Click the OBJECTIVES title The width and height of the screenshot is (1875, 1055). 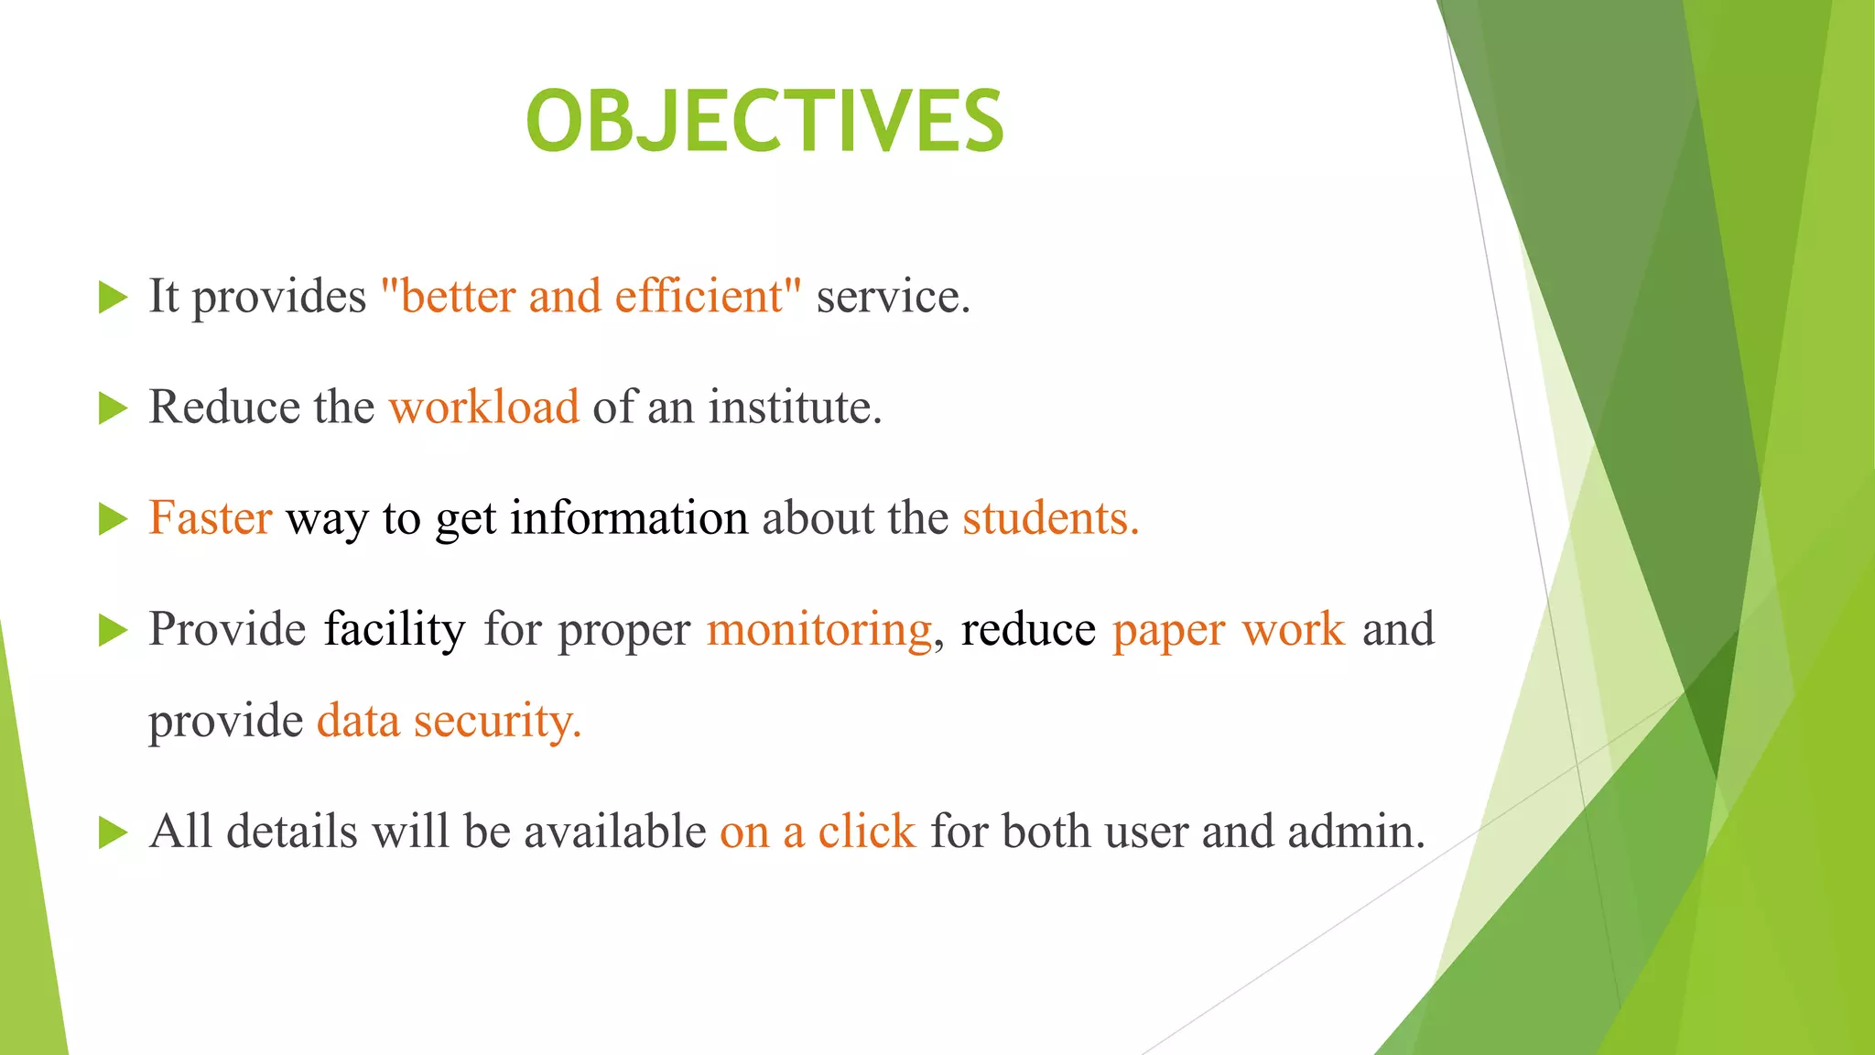(x=764, y=122)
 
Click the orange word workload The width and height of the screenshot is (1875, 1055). (x=484, y=407)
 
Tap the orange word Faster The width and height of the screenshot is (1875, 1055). (x=211, y=517)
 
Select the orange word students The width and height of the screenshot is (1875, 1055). (x=1049, y=517)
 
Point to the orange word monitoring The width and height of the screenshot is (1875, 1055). (x=819, y=629)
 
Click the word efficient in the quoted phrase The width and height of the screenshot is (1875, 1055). (x=699, y=296)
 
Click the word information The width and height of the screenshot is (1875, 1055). (x=629, y=517)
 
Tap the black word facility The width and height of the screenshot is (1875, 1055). (x=395, y=629)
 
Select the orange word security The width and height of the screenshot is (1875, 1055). (x=497, y=721)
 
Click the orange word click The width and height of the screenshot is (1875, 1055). (x=866, y=832)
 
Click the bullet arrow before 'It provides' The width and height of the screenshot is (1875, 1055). (x=112, y=298)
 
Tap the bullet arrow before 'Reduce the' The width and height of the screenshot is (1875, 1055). (x=112, y=408)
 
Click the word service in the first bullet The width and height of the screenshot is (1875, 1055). (x=891, y=296)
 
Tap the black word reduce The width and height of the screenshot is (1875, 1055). (x=1027, y=629)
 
